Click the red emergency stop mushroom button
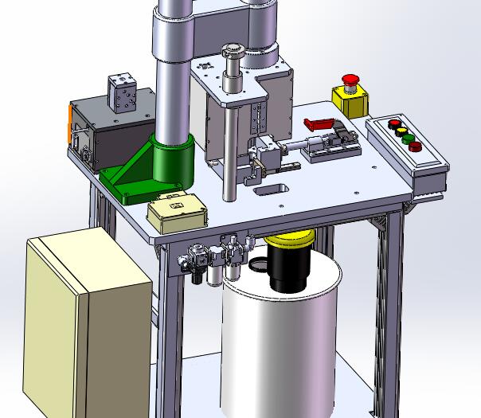pos(350,80)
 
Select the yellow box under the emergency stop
pos(350,102)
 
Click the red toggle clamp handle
pos(319,124)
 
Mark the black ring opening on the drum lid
pos(259,265)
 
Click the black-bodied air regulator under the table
pos(195,267)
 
